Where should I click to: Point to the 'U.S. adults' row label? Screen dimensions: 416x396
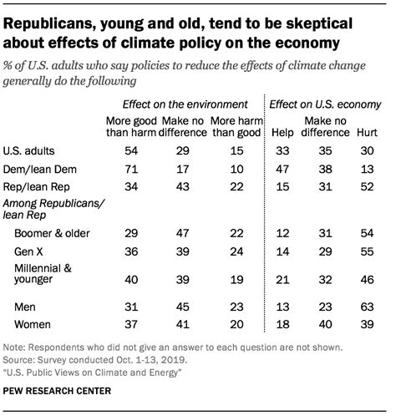click(31, 152)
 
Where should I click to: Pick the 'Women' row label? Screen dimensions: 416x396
click(33, 325)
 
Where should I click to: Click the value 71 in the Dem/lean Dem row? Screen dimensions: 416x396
click(129, 170)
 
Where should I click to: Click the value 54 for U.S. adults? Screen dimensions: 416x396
click(129, 152)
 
